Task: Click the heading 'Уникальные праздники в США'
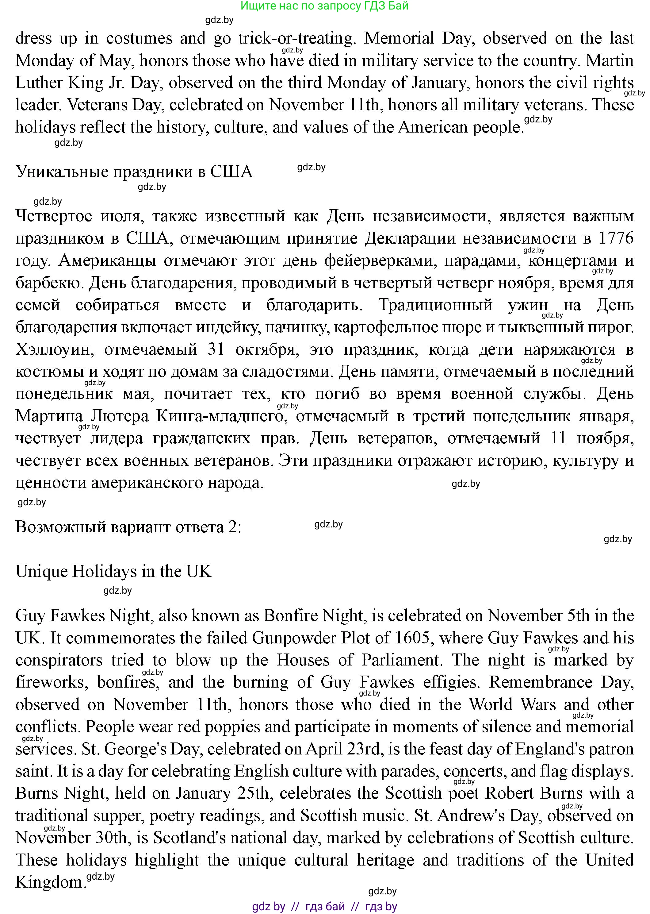(134, 172)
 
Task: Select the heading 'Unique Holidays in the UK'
(113, 571)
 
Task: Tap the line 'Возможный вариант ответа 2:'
(128, 527)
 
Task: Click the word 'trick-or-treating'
(296, 38)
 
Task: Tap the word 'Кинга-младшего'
(220, 416)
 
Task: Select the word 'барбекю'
(47, 283)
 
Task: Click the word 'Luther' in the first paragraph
(39, 83)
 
